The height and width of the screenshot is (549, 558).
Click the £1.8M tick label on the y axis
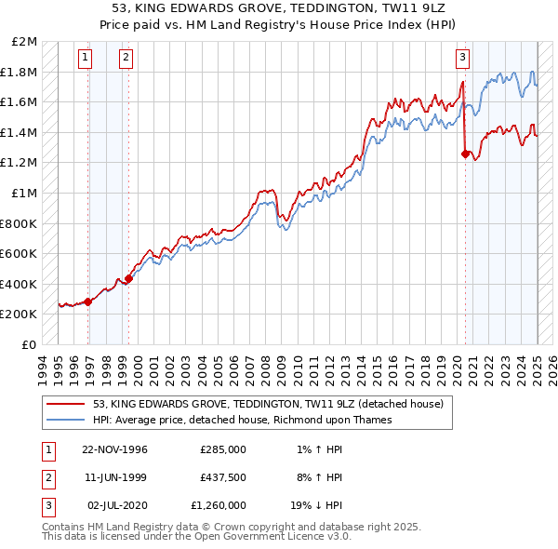pos(20,72)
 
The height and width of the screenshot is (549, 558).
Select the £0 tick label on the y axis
pos(30,344)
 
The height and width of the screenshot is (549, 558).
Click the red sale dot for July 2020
pos(465,154)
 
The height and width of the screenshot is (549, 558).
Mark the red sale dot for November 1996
pos(88,301)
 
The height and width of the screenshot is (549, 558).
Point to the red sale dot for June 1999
pos(129,278)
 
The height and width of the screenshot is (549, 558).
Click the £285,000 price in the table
pos(223,449)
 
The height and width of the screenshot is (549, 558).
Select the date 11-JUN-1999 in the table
pos(115,477)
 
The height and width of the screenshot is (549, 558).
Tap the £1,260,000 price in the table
pos(218,505)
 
